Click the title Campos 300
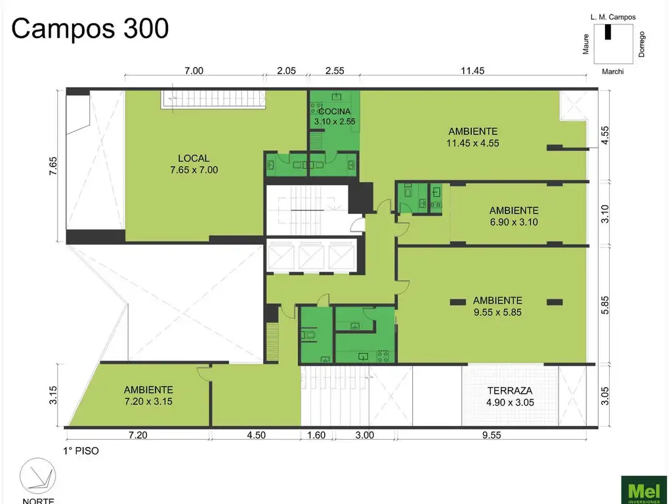click(90, 29)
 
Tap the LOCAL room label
click(194, 158)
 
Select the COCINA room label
click(335, 112)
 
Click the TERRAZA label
click(510, 391)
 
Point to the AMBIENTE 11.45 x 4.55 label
click(472, 137)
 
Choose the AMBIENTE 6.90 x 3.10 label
click(514, 216)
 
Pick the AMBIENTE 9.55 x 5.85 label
click(497, 306)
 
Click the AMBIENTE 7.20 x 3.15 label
click(148, 396)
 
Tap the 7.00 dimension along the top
click(194, 71)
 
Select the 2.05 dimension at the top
click(286, 71)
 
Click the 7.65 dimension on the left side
click(52, 166)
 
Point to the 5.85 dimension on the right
click(604, 305)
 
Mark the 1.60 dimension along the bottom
click(316, 435)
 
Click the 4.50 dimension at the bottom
click(256, 435)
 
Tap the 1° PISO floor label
click(81, 451)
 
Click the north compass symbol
click(37, 476)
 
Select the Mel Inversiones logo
click(644, 490)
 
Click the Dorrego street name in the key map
click(642, 44)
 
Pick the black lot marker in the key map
click(608, 32)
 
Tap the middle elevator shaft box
click(312, 257)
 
